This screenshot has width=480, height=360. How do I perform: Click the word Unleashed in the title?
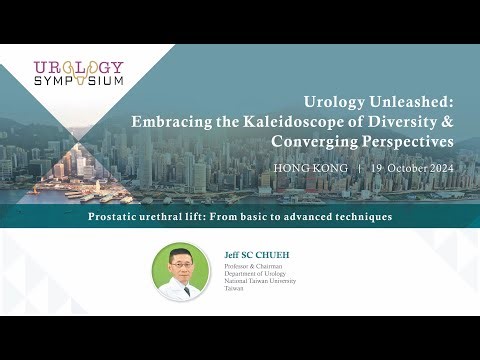407,101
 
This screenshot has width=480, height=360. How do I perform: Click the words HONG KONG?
310,168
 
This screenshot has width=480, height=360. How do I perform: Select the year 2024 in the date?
437,168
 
